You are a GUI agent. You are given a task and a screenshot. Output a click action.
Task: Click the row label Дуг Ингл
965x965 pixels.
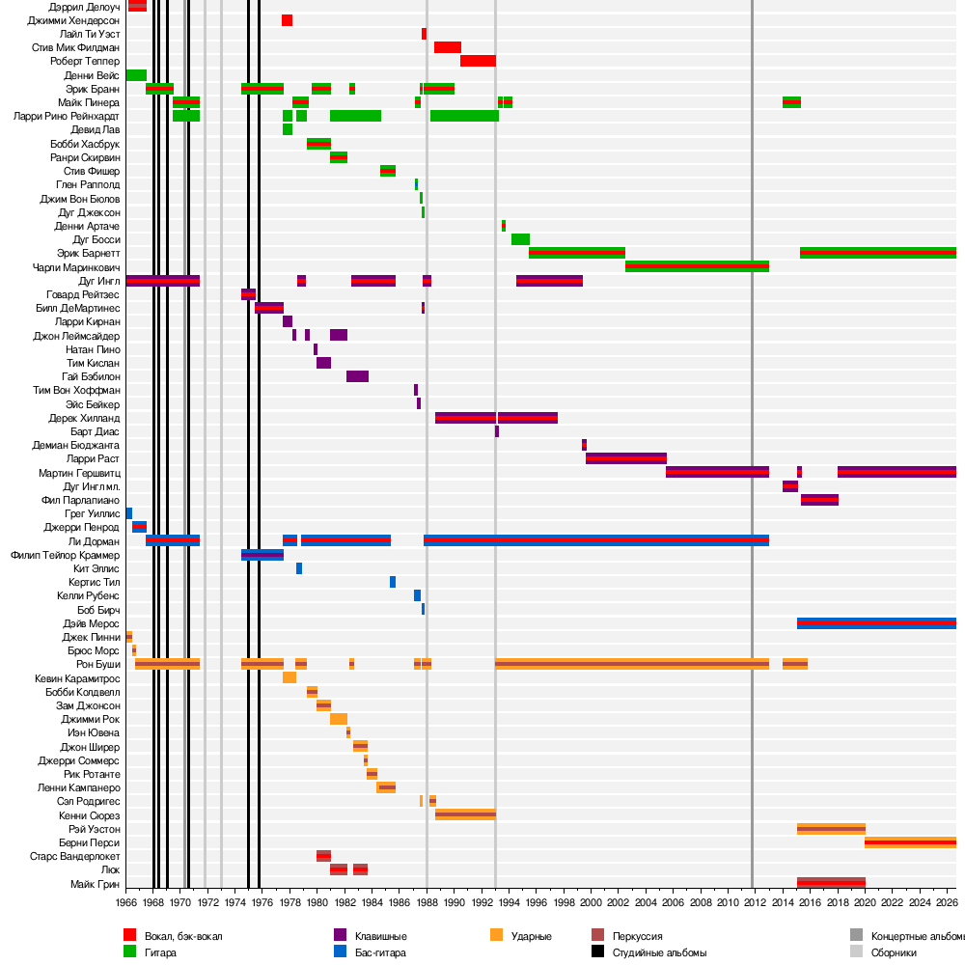99,281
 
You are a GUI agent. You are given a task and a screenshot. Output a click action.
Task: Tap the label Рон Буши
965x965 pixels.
97,664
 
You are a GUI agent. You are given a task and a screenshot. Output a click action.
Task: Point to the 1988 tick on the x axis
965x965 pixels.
427,902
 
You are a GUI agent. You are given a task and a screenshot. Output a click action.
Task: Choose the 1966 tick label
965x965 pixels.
125,902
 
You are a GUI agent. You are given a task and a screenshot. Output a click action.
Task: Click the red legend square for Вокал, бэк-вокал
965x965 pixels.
129,935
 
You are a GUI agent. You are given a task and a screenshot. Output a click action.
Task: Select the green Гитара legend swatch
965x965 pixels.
129,951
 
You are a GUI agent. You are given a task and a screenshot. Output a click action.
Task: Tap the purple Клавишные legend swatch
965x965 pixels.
340,935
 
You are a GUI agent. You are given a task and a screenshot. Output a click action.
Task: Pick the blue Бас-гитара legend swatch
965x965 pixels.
340,951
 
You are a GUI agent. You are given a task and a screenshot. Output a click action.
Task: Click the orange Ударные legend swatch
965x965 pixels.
497,935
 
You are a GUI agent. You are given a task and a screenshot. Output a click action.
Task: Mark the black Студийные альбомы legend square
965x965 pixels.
597,951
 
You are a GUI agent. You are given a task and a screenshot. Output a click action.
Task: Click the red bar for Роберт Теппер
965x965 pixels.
479,61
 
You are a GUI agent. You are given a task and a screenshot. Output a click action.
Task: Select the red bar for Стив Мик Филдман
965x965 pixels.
448,47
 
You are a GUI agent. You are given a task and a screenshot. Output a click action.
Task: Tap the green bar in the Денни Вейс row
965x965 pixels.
136,75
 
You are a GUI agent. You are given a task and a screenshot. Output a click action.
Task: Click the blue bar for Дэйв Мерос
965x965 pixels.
876,623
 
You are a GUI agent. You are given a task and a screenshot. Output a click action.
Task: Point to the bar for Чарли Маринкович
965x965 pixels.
697,266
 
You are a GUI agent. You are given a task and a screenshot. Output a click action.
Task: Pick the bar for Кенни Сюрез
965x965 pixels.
465,814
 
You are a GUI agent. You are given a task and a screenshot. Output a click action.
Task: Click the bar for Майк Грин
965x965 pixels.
831,883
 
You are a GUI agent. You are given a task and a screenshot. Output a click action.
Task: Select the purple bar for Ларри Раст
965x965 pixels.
626,458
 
